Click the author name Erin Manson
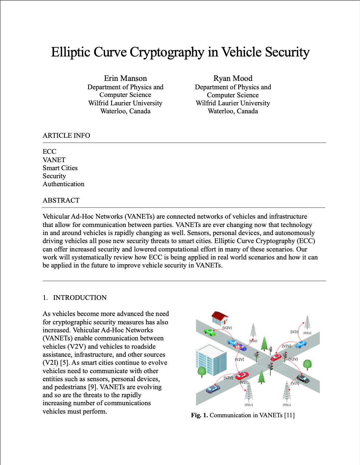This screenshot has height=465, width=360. [125, 78]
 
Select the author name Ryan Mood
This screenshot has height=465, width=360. [233, 78]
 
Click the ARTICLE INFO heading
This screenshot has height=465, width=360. [66, 136]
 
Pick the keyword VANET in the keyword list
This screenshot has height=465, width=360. [54, 160]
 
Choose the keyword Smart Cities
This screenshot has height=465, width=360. [60, 168]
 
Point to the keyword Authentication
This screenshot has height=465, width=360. [63, 184]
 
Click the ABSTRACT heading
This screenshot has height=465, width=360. [61, 200]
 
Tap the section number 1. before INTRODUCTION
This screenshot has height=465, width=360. [45, 298]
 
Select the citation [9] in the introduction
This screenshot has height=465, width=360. [93, 387]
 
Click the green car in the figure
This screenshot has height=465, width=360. [210, 332]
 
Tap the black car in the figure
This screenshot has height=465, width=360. [303, 379]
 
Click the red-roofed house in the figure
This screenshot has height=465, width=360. [220, 318]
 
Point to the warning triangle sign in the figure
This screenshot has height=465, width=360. [238, 345]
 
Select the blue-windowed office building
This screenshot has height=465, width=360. [211, 360]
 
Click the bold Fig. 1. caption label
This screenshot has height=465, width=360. [199, 415]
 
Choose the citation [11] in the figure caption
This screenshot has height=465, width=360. [289, 415]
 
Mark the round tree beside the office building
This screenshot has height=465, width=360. [201, 371]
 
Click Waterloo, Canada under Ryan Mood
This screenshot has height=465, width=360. [233, 111]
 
